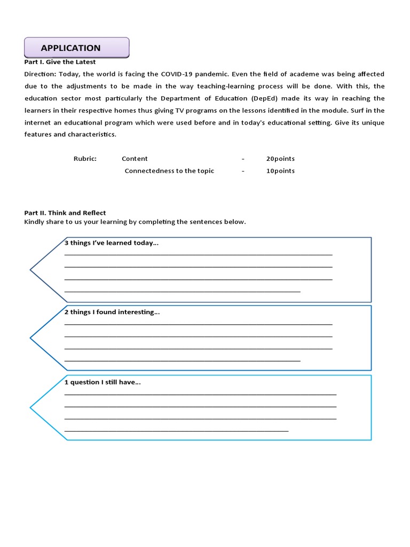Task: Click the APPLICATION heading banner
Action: [76, 48]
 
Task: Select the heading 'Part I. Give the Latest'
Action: [60, 62]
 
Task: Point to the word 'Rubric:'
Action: [85, 159]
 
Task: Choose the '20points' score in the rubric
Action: [280, 159]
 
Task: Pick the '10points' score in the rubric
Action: [280, 171]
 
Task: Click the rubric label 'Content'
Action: [135, 159]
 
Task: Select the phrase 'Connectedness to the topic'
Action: [169, 171]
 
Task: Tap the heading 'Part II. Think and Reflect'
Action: [65, 213]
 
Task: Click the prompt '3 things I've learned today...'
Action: [112, 243]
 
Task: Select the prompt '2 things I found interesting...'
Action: [112, 312]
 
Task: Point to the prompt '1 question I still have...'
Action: [102, 382]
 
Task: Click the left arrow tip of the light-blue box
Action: [31, 408]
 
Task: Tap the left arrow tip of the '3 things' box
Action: [31, 270]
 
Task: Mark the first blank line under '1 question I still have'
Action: [200, 394]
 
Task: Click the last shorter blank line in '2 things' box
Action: [182, 361]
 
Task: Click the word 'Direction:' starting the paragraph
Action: [40, 74]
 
